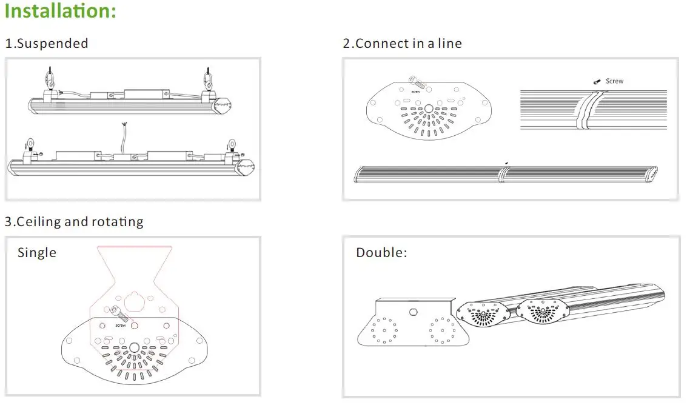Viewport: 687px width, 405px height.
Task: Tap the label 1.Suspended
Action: [x=47, y=44]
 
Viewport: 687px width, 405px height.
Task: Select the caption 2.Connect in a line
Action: [x=402, y=44]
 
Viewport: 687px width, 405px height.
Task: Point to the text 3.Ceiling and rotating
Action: [x=74, y=222]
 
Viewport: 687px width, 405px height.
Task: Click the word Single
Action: [x=37, y=253]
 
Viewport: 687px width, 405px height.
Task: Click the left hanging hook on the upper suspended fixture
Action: [x=49, y=79]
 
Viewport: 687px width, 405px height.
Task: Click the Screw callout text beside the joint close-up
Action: [x=614, y=81]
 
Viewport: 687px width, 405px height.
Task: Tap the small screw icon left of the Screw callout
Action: [x=597, y=81]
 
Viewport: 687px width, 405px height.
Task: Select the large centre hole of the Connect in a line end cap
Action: [x=429, y=109]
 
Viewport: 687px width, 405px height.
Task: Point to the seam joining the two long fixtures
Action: [x=501, y=174]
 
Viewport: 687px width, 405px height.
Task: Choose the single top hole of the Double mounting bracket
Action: [x=413, y=312]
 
